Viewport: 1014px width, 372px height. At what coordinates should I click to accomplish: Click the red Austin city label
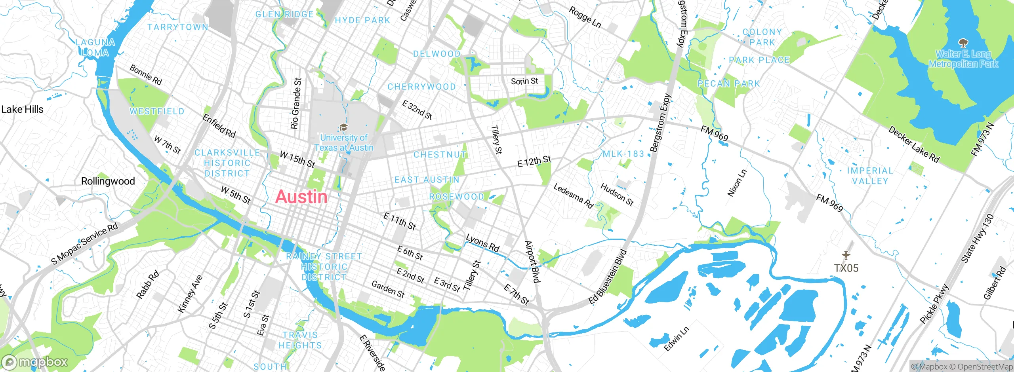301,197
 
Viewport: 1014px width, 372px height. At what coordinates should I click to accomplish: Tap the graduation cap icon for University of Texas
343,127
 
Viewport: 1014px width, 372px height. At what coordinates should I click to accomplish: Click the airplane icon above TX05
846,256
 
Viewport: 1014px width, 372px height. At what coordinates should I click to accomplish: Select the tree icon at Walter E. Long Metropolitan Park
963,43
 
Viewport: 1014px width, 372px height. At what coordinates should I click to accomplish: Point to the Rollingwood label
108,181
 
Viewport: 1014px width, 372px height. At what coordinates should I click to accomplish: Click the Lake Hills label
22,109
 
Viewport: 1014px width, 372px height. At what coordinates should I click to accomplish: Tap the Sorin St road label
524,81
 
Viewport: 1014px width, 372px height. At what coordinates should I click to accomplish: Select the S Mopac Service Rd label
85,243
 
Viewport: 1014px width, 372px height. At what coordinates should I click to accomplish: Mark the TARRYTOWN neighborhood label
177,27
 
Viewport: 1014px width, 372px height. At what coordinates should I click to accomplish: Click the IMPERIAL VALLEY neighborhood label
870,176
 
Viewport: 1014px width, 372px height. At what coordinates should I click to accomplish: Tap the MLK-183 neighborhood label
623,154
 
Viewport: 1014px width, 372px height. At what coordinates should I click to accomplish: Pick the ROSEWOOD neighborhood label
456,197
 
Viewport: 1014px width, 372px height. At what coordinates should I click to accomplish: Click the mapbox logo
35,362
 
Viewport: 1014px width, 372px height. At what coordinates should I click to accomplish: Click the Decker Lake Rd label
913,144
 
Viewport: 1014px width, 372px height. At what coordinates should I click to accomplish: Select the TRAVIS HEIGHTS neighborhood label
300,340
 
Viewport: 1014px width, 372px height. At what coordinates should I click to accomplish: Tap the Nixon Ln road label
737,183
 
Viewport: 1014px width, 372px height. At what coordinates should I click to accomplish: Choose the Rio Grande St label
295,104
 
